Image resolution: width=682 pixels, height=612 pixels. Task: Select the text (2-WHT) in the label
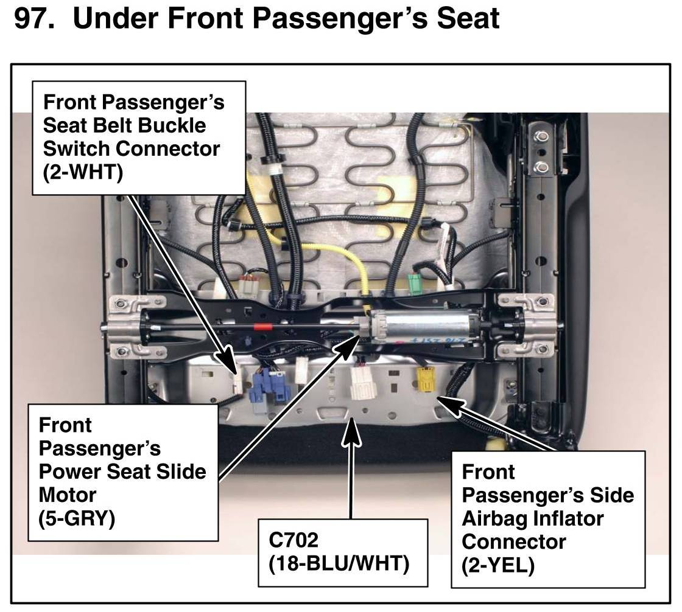pyautogui.click(x=83, y=172)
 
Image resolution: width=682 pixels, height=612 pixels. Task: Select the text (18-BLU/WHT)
pyautogui.click(x=339, y=563)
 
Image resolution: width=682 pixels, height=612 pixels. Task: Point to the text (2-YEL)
pyautogui.click(x=498, y=565)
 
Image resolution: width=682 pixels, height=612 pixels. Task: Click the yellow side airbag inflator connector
pyautogui.click(x=424, y=380)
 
